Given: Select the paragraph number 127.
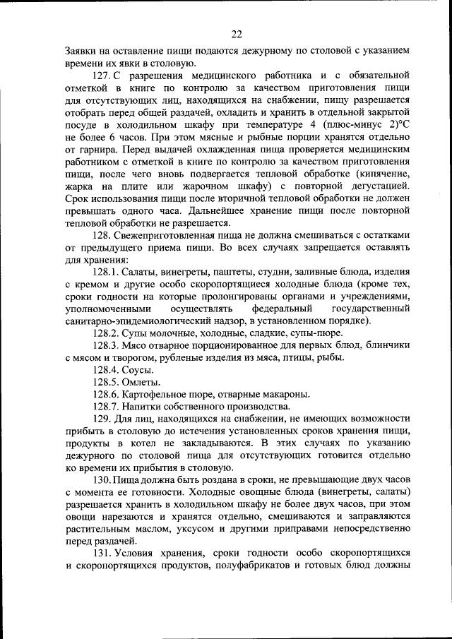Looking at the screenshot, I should coord(103,75).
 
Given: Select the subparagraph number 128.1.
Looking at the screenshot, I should coord(106,271).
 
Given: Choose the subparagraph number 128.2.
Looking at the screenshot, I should coord(106,333).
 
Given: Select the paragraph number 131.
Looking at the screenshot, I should coord(103,554).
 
